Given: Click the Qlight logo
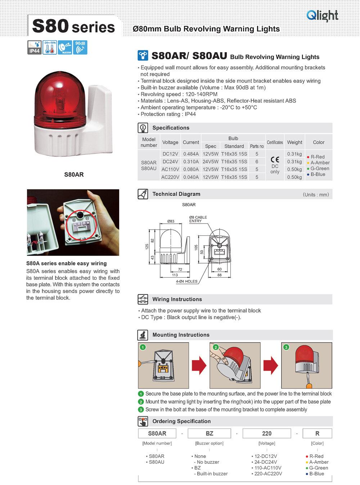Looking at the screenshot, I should (x=322, y=15).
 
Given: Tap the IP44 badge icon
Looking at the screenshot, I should (x=34, y=48).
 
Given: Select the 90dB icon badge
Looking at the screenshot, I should (x=81, y=48).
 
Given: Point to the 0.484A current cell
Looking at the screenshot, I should (x=191, y=154).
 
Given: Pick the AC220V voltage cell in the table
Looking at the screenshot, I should (x=170, y=177).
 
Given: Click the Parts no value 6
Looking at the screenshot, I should (x=257, y=162).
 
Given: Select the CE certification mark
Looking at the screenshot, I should (x=275, y=160).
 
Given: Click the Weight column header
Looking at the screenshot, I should (x=294, y=142).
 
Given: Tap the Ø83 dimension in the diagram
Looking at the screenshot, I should (x=171, y=221).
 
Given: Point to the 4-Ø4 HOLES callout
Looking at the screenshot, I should (x=186, y=281).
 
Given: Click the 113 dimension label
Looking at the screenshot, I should (x=175, y=275).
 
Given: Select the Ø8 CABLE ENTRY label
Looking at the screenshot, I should (x=198, y=219).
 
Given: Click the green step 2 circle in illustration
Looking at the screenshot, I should (x=216, y=347).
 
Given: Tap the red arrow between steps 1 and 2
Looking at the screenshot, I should (x=199, y=365).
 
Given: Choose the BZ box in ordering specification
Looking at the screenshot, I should (x=209, y=434).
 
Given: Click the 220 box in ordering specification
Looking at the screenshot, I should (x=266, y=434).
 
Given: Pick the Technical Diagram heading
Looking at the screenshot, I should (x=176, y=194).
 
